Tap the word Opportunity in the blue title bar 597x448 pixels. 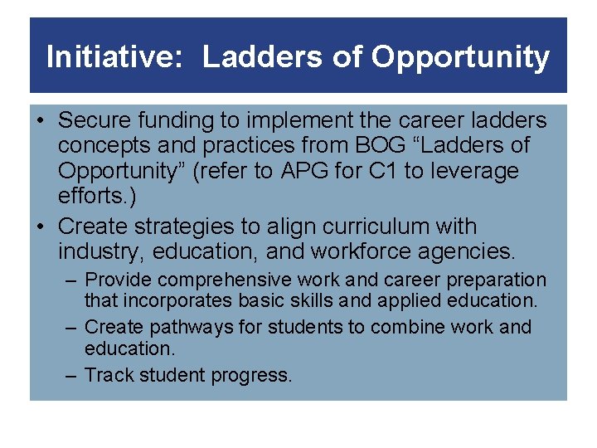tap(460, 57)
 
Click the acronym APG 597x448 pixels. tap(304, 172)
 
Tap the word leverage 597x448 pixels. tap(478, 172)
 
